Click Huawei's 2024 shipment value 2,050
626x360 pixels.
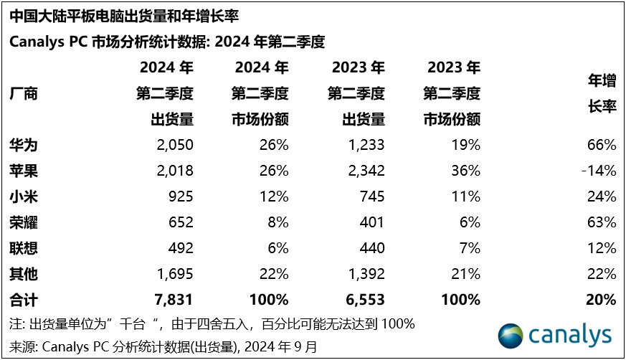(x=174, y=145)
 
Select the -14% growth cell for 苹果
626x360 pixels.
(x=599, y=171)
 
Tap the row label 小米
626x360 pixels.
(x=23, y=196)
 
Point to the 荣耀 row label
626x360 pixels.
(x=23, y=222)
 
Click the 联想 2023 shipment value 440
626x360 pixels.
(x=371, y=248)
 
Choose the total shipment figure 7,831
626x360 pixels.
(x=173, y=300)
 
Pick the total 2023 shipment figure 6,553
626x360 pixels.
(x=364, y=300)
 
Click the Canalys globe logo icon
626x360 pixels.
(x=511, y=335)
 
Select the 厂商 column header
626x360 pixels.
(x=23, y=93)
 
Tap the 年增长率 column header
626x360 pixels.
(x=602, y=93)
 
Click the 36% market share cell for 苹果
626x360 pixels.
(x=466, y=171)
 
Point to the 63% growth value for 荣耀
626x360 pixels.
(x=601, y=222)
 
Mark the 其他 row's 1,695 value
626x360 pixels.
(x=174, y=274)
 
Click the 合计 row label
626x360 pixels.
(x=23, y=300)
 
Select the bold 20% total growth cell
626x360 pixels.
(x=601, y=300)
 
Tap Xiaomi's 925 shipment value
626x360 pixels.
(x=179, y=196)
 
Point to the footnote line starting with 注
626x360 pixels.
(x=212, y=323)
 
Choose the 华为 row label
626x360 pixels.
(x=23, y=145)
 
